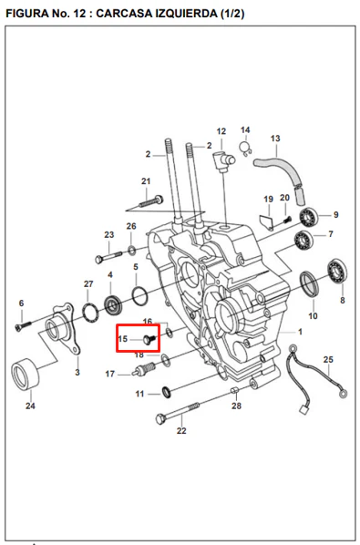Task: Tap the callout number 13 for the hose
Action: click(x=275, y=139)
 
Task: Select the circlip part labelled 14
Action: click(x=246, y=148)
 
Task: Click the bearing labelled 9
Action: click(x=308, y=217)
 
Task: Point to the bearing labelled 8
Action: click(x=336, y=271)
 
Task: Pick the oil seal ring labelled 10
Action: click(x=309, y=283)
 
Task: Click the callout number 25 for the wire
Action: click(x=328, y=359)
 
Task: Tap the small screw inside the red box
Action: click(x=149, y=339)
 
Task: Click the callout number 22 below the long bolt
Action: click(x=181, y=431)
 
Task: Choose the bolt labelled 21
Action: click(x=150, y=201)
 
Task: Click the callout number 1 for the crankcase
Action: click(x=300, y=332)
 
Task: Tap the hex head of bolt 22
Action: click(x=160, y=418)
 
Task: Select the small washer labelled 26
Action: click(x=132, y=250)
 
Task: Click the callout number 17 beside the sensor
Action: click(x=109, y=374)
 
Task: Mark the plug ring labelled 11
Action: click(x=167, y=393)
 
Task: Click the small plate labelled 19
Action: click(x=267, y=222)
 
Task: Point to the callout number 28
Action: click(x=236, y=406)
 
